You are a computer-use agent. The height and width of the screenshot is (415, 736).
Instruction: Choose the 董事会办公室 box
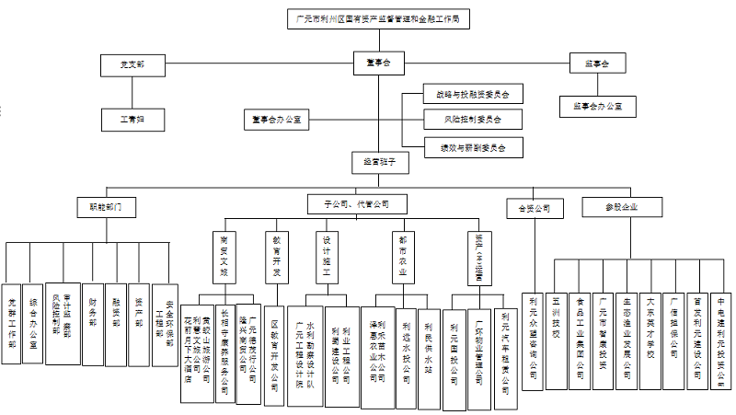click(276, 119)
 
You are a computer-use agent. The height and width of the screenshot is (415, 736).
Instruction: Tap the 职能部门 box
click(106, 207)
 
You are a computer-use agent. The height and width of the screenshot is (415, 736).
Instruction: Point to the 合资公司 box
click(535, 208)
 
